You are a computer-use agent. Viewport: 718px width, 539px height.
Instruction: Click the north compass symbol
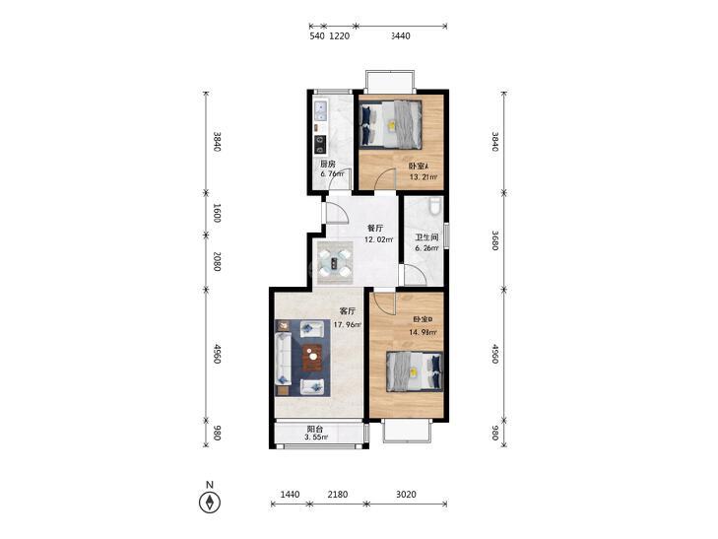pos(210,503)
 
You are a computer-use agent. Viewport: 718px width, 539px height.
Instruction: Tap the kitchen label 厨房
pos(327,164)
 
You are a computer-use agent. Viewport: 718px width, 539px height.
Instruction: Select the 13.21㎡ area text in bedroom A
pos(424,177)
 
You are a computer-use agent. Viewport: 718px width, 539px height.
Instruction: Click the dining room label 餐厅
pos(375,228)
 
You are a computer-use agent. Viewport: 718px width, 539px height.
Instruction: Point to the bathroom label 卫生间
pos(426,237)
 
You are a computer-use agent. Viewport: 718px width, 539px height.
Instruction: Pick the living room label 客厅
pos(348,311)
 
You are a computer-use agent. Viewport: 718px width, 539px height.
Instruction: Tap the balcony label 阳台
pos(315,429)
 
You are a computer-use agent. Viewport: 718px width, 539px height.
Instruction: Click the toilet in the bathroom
pos(435,205)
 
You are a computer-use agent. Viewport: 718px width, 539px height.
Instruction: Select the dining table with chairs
pos(335,263)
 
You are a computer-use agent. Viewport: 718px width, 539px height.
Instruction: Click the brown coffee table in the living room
pos(313,357)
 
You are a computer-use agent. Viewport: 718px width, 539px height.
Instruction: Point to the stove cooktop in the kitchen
pos(320,144)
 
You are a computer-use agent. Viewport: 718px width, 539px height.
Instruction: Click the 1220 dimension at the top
pos(340,36)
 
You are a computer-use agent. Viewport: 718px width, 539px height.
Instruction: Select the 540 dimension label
pos(317,36)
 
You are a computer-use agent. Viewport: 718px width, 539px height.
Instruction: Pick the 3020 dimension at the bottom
pos(406,494)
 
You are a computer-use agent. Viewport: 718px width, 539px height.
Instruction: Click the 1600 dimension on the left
pos(217,213)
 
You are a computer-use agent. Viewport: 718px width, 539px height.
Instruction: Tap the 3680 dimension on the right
pos(494,240)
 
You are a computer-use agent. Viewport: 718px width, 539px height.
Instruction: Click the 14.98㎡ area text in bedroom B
pos(424,332)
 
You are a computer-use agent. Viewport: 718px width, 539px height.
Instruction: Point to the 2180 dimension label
pos(338,494)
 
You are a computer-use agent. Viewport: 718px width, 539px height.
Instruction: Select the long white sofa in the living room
pos(283,359)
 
